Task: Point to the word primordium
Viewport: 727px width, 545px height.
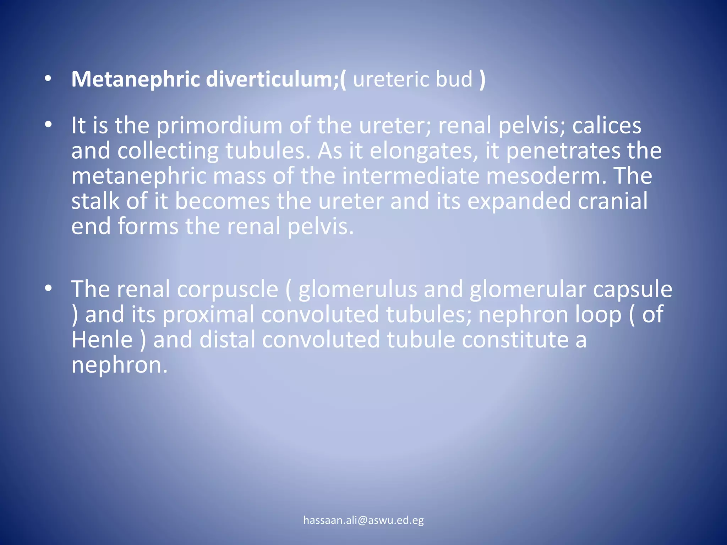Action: coord(219,126)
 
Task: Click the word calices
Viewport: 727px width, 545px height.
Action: coord(607,126)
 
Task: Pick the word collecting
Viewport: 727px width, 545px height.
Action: coord(168,151)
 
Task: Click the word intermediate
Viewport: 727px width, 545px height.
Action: coord(411,176)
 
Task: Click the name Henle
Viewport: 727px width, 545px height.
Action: coord(102,340)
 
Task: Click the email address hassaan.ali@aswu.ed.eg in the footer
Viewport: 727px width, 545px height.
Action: coord(363,520)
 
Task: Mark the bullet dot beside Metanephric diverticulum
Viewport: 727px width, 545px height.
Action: coord(48,79)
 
